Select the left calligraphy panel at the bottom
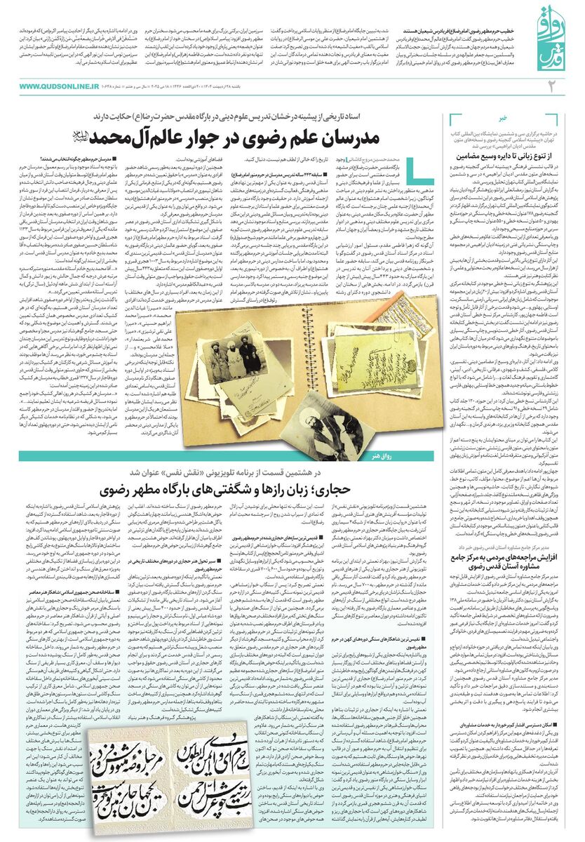tap(97, 787)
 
